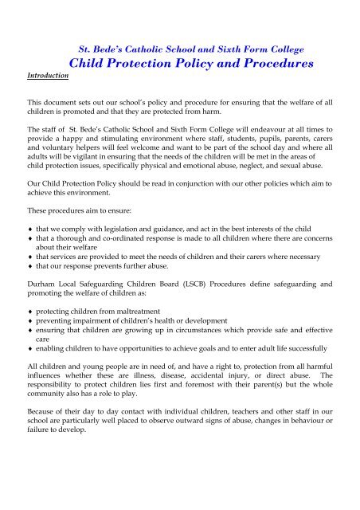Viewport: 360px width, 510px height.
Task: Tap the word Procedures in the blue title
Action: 254,63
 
